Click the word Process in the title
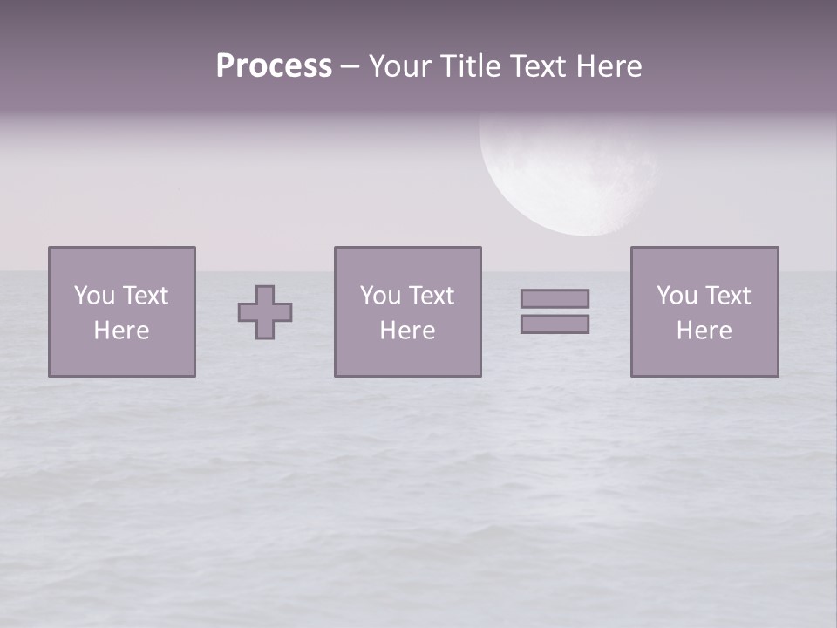pyautogui.click(x=274, y=66)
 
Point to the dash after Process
pyautogui.click(x=350, y=66)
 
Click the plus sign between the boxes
pyautogui.click(x=265, y=312)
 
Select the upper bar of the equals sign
pyautogui.click(x=555, y=298)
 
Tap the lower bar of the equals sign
pyautogui.click(x=555, y=324)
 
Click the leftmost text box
pyautogui.click(x=122, y=311)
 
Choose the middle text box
pyautogui.click(x=407, y=311)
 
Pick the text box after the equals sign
pyautogui.click(x=704, y=311)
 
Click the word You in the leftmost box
pyautogui.click(x=94, y=296)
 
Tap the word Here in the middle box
pyautogui.click(x=407, y=331)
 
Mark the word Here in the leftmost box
pyautogui.click(x=121, y=331)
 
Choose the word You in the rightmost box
pyautogui.click(x=677, y=296)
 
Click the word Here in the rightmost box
pyautogui.click(x=704, y=331)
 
